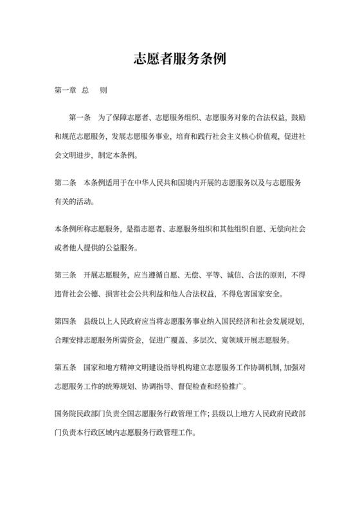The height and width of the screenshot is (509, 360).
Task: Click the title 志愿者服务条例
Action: (180, 59)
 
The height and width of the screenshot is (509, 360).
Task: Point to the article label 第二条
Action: (66, 184)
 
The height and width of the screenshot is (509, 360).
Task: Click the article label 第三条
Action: (66, 276)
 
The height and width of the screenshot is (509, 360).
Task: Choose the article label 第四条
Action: (66, 321)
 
